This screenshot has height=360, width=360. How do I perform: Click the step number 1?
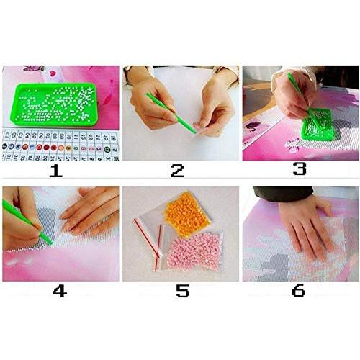point(55,171)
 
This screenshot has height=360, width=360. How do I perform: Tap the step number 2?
point(176,171)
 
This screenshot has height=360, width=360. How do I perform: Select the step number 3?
point(299,168)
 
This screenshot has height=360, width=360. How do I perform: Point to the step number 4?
point(60,292)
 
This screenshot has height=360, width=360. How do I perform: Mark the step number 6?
point(298,291)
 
